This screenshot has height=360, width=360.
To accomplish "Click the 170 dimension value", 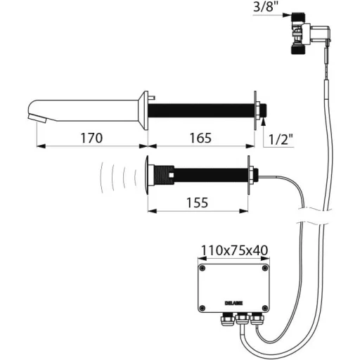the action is pyautogui.click(x=91, y=138).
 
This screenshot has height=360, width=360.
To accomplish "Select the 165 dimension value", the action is pyautogui.click(x=200, y=138).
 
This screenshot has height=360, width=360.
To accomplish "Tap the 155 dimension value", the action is pyautogui.click(x=197, y=202).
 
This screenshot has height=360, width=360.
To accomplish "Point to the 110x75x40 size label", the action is pyautogui.click(x=234, y=250).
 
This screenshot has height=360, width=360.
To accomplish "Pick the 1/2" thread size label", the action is pyautogui.click(x=281, y=140).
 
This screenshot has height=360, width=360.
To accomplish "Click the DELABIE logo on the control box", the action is pyautogui.click(x=233, y=303).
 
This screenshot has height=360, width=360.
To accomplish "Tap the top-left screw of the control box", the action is pyautogui.click(x=202, y=268).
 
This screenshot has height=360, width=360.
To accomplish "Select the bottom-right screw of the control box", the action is pyautogui.click(x=265, y=307).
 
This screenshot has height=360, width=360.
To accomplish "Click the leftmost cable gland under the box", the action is pyautogui.click(x=227, y=319).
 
